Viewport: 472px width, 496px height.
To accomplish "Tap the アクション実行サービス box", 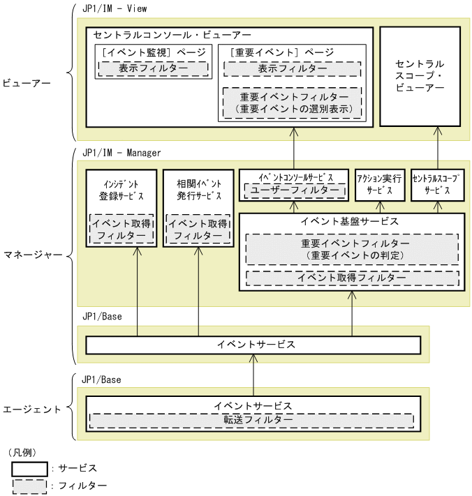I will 379,185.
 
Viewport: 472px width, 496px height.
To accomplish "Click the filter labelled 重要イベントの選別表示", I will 292,103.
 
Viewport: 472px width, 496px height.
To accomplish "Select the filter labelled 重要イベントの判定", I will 352,250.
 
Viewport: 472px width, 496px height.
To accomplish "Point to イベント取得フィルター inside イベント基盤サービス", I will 352,278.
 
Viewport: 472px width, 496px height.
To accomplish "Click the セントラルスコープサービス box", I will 437,185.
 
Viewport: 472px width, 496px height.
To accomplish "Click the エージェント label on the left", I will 32,409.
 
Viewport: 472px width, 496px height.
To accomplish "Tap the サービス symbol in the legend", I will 29,467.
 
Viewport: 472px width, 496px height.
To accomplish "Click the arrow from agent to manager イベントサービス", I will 253,375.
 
